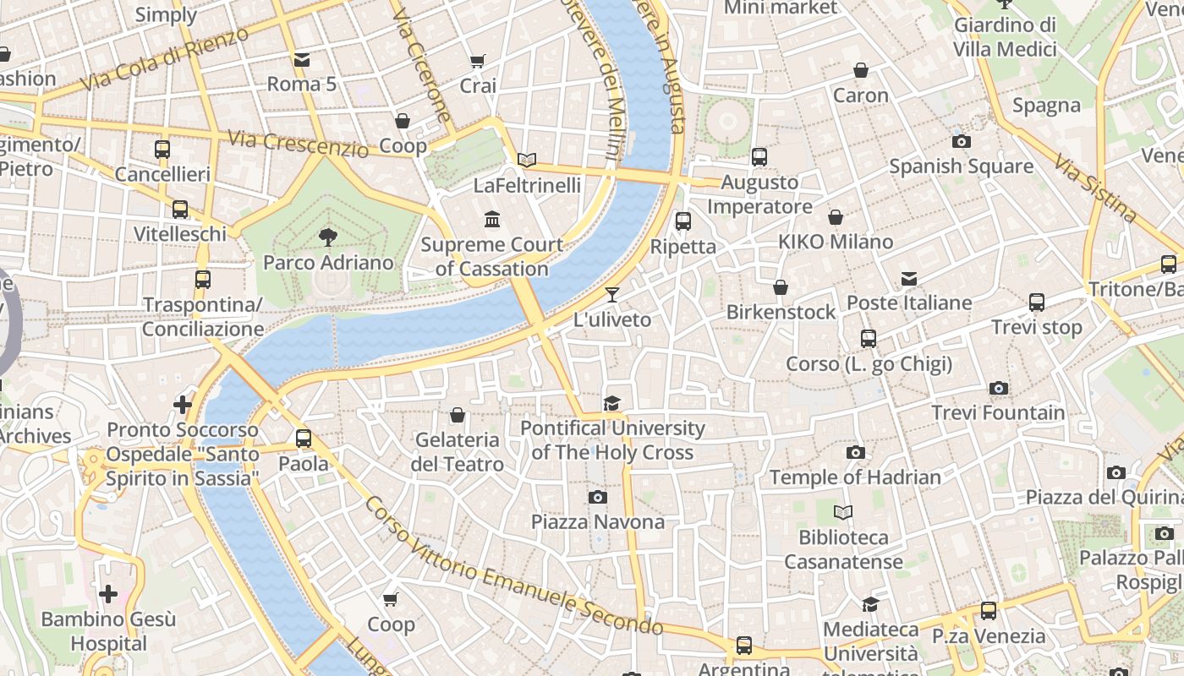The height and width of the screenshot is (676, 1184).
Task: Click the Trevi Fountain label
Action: point(998,412)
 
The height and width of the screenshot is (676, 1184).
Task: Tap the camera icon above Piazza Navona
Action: point(598,497)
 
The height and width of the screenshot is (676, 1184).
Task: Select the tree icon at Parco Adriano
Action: point(327,237)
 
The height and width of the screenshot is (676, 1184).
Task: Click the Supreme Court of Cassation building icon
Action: point(492,220)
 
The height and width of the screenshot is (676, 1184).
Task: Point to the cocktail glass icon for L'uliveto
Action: point(611,295)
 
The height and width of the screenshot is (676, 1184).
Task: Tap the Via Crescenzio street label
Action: point(299,144)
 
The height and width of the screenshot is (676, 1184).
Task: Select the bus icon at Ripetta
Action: point(682,221)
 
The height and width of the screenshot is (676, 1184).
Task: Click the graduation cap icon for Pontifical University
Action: point(611,403)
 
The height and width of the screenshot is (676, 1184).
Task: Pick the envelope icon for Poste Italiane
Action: point(909,278)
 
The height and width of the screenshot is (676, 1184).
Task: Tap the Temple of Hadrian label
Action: point(855,477)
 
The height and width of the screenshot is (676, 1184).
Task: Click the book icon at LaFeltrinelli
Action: point(527,160)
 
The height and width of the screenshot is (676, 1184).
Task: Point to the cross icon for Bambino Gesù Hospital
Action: point(108,594)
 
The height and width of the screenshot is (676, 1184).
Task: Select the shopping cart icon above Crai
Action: point(478,61)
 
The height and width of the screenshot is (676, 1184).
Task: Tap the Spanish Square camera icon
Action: point(961,141)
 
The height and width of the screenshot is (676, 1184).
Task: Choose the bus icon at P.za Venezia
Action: point(988,610)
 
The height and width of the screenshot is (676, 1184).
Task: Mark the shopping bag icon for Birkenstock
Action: point(781,287)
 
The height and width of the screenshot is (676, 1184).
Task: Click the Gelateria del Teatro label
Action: point(458,452)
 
